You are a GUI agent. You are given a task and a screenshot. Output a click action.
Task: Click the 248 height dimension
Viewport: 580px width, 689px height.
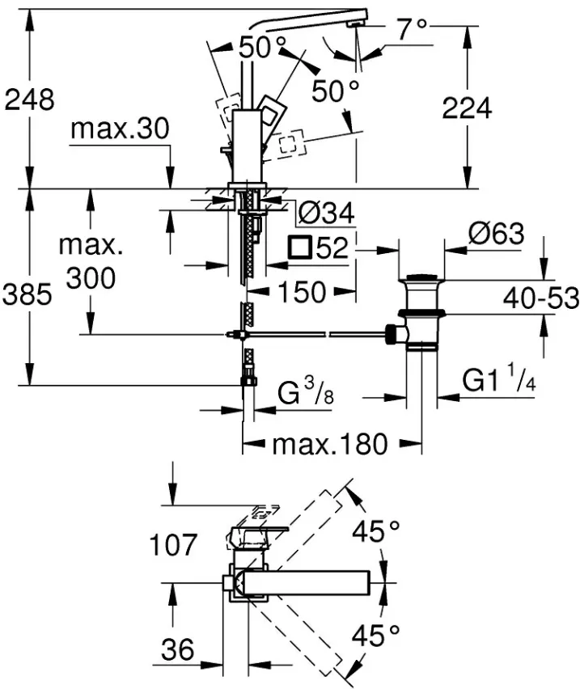pyautogui.click(x=29, y=99)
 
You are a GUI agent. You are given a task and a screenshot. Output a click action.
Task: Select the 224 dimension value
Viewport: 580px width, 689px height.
pyautogui.click(x=467, y=108)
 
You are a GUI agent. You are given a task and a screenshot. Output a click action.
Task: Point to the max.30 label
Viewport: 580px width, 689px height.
pyautogui.click(x=120, y=129)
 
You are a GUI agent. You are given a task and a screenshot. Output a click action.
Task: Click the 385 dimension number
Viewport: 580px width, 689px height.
pyautogui.click(x=28, y=294)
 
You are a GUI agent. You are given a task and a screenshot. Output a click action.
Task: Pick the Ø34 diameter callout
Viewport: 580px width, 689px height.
pyautogui.click(x=326, y=213)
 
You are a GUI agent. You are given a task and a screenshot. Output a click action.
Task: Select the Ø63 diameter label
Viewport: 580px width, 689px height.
pyautogui.click(x=496, y=234)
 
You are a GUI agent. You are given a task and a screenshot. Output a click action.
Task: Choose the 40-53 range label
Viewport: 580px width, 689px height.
pyautogui.click(x=541, y=298)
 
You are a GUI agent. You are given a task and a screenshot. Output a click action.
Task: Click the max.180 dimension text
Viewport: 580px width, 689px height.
pyautogui.click(x=330, y=445)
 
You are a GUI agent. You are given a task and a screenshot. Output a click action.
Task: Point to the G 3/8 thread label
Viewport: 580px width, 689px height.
pyautogui.click(x=306, y=391)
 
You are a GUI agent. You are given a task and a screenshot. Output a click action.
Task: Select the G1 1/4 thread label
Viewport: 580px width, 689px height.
pyautogui.click(x=499, y=378)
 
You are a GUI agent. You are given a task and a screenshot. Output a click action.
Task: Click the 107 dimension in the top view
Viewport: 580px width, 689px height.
pyautogui.click(x=173, y=545)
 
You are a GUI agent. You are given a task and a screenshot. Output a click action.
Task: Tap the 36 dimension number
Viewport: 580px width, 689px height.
pyautogui.click(x=177, y=649)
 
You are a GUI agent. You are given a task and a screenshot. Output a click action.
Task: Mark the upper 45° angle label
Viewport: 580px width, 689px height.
pyautogui.click(x=375, y=531)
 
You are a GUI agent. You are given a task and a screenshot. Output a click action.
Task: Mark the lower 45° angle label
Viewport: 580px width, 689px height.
pyautogui.click(x=375, y=636)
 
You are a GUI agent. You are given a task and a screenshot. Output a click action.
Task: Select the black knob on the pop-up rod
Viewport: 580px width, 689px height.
pyautogui.click(x=390, y=335)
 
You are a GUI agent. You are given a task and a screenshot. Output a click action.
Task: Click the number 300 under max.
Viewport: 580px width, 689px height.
pyautogui.click(x=91, y=278)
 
